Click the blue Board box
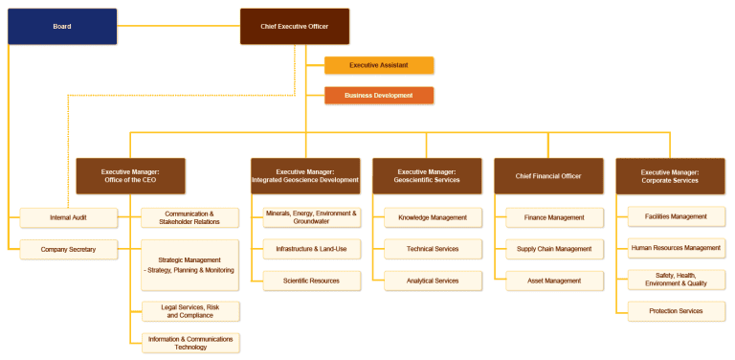[x=61, y=27]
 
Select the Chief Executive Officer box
[x=294, y=27]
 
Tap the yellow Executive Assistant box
[x=379, y=65]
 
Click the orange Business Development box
[x=379, y=96]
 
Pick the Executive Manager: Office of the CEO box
[x=130, y=175]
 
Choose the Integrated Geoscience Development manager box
[x=305, y=175]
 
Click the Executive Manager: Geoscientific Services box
[x=427, y=175]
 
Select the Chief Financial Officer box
[x=548, y=175]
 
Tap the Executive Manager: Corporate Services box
[x=670, y=175]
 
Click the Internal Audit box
[x=69, y=218]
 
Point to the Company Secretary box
[x=69, y=250]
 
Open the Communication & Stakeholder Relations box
[x=189, y=218]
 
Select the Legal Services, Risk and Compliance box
[x=189, y=311]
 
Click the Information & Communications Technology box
[x=189, y=343]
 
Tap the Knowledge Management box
[x=433, y=218]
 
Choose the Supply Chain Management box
[x=554, y=249]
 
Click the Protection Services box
[x=676, y=310]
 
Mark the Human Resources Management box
[x=676, y=248]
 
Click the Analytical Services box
[x=433, y=281]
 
